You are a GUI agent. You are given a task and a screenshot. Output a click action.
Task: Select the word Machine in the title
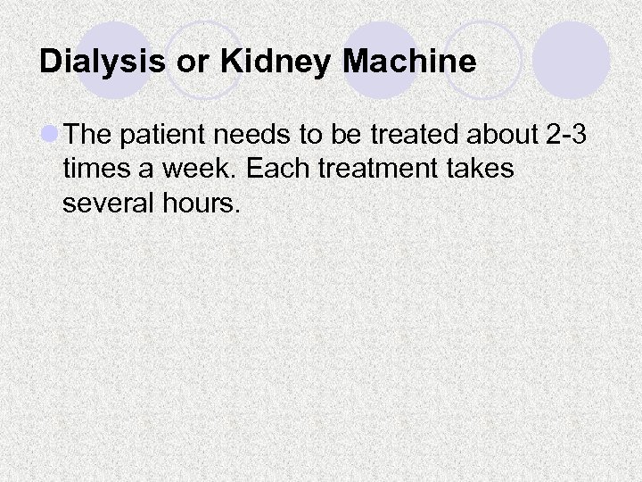408,62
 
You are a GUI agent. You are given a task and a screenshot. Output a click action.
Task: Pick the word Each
263,169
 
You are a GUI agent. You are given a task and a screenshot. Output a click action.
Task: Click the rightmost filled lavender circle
572,60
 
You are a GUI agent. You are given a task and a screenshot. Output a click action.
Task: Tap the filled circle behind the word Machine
381,60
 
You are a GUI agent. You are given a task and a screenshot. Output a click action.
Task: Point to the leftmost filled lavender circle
113,60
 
